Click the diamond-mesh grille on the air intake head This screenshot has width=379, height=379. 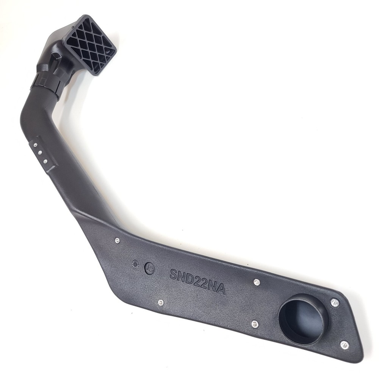coord(91,45)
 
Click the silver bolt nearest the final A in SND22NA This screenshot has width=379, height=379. coord(257,282)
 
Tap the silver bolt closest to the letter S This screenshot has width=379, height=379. coord(160,302)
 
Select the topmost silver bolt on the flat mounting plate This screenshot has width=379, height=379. coord(117,240)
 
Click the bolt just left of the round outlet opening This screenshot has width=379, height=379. coord(255,324)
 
